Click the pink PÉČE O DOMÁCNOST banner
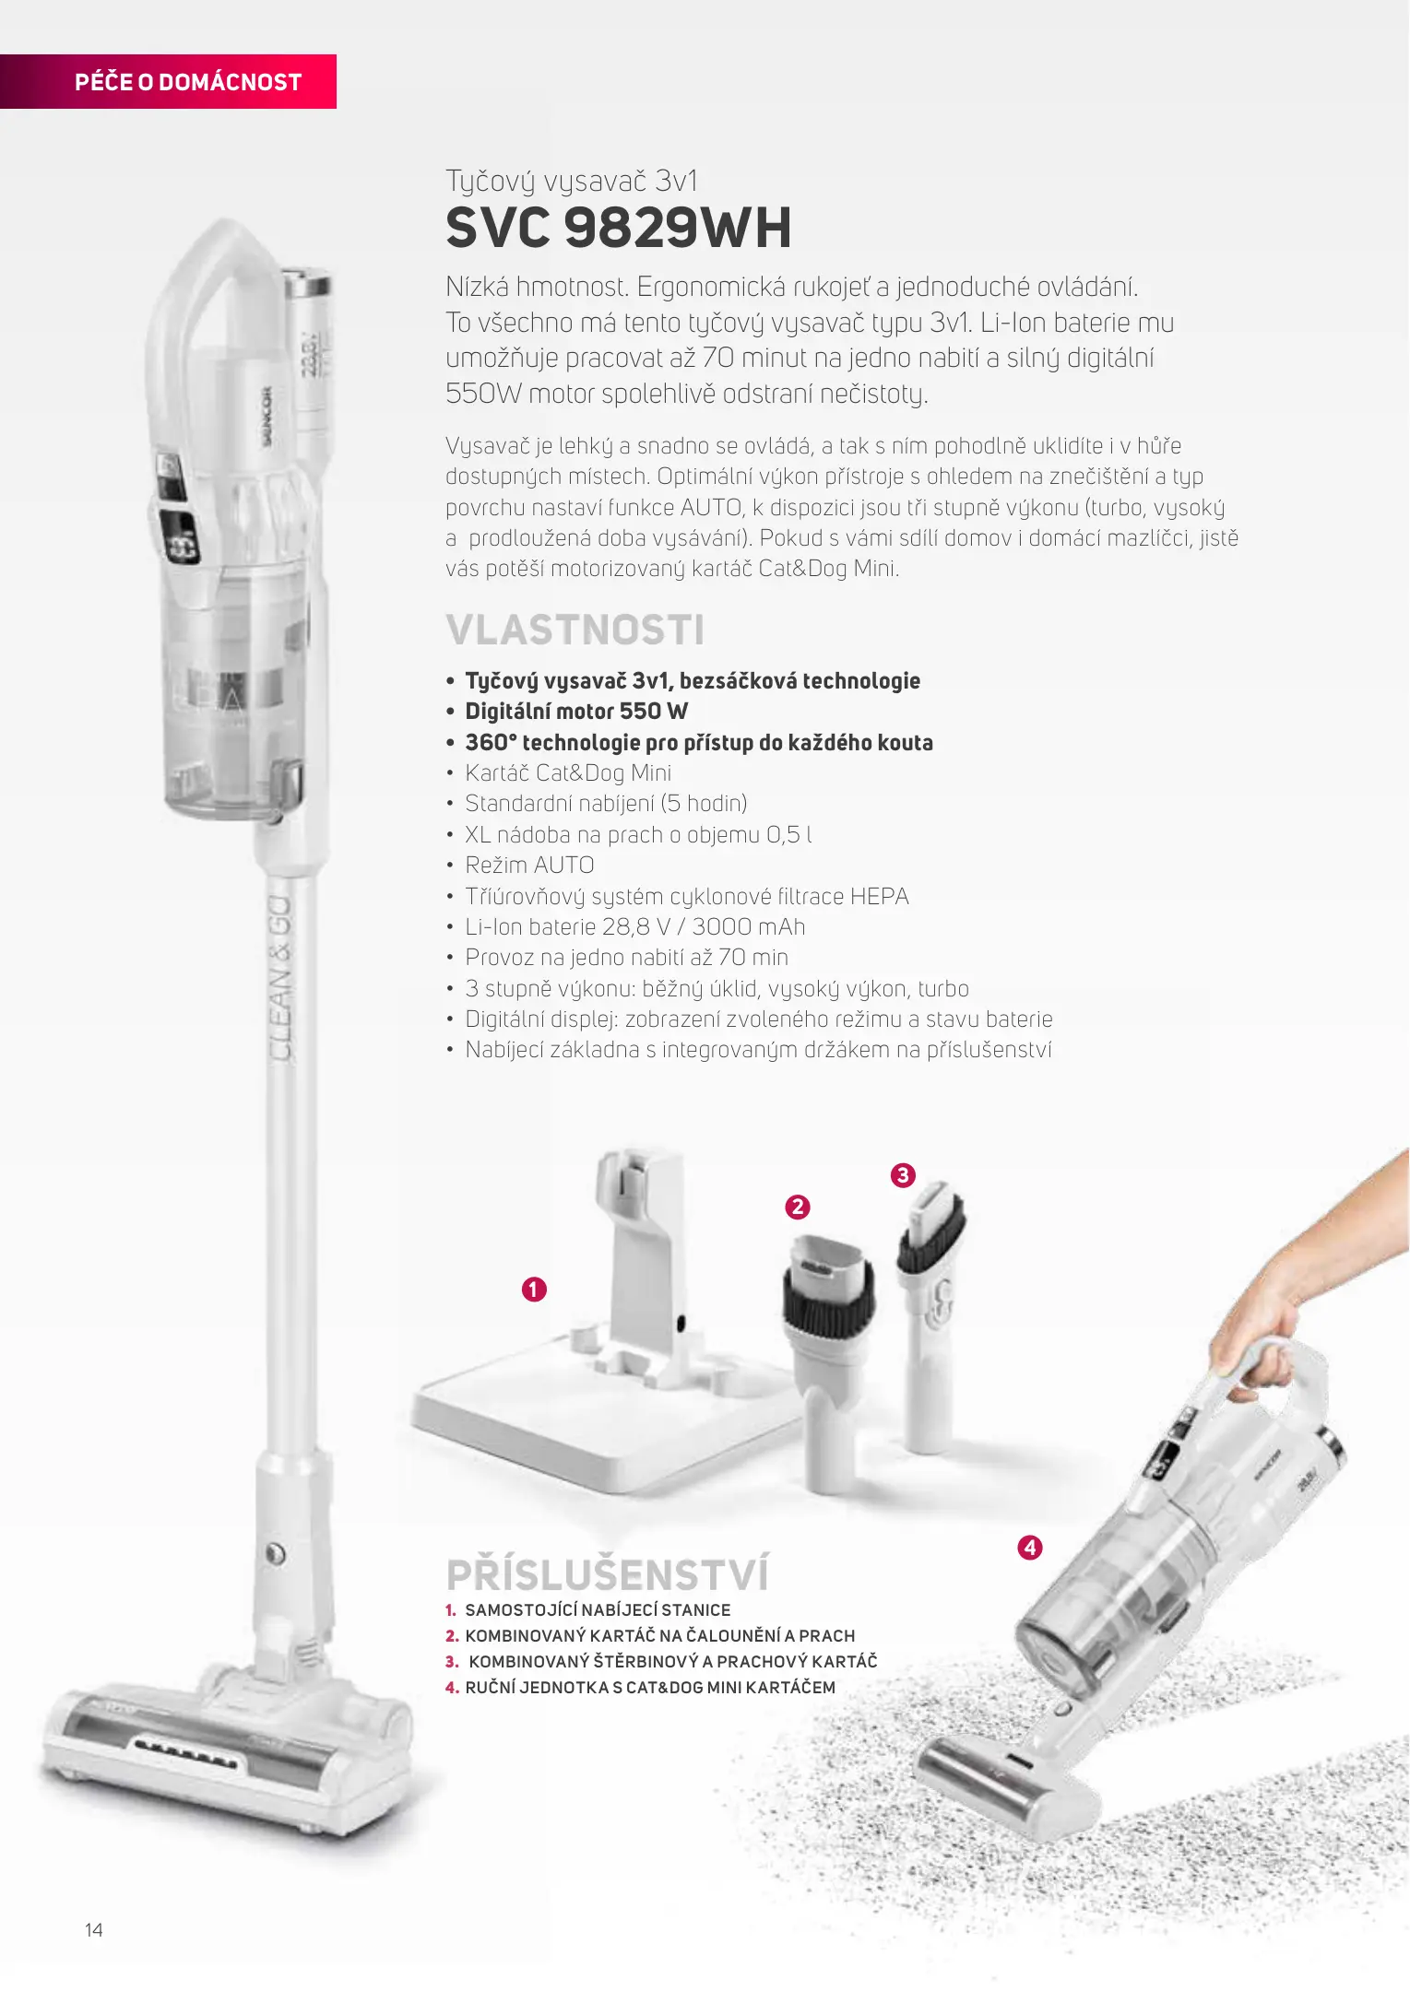point(168,81)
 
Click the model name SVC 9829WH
point(619,228)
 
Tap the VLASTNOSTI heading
point(575,630)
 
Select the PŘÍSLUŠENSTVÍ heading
point(607,1573)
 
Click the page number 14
point(94,1930)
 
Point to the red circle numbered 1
point(534,1289)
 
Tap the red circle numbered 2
point(797,1207)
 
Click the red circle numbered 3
point(903,1175)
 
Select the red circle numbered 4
point(1030,1547)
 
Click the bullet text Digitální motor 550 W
point(576,711)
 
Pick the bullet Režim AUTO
point(529,865)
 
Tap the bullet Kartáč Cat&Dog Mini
point(568,772)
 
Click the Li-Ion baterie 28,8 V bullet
point(635,926)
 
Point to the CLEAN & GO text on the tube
point(280,977)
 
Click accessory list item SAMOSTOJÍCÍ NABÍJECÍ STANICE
point(598,1609)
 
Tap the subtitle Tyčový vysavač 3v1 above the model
point(572,181)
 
